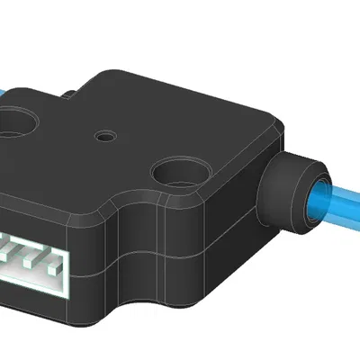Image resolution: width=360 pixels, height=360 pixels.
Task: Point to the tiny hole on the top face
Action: point(108,137)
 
